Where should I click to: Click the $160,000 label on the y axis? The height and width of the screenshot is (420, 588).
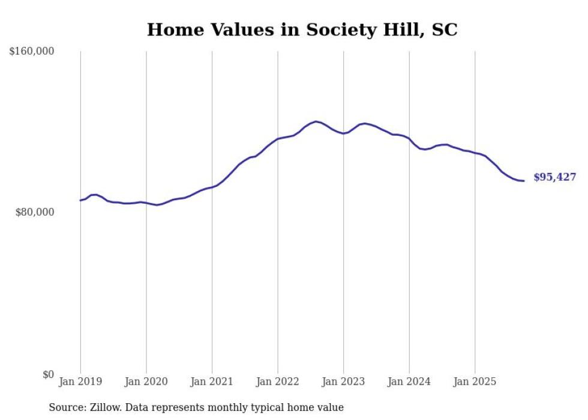click(32, 52)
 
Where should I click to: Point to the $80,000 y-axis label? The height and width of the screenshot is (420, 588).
click(34, 212)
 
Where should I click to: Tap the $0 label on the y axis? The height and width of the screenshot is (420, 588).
click(48, 375)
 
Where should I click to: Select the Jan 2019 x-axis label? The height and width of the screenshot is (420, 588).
click(80, 381)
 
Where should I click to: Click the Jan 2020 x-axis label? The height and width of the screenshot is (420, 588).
click(146, 381)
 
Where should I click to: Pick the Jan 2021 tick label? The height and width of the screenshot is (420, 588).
click(212, 381)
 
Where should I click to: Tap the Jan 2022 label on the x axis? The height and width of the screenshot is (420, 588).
click(277, 381)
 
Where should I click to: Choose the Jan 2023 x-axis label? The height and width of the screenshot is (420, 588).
click(343, 381)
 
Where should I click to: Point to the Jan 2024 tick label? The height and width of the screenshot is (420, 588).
click(409, 381)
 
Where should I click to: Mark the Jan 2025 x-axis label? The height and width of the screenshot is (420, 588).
click(475, 381)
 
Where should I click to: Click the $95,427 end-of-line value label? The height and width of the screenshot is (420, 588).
click(554, 177)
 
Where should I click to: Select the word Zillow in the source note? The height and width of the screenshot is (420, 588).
click(103, 407)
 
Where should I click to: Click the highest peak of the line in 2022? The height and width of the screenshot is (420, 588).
click(316, 121)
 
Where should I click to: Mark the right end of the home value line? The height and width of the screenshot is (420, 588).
click(524, 181)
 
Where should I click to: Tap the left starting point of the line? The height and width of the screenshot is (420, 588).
click(80, 200)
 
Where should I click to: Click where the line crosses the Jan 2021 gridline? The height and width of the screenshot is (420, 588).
click(212, 187)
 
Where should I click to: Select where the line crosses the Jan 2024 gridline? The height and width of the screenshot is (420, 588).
click(409, 139)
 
